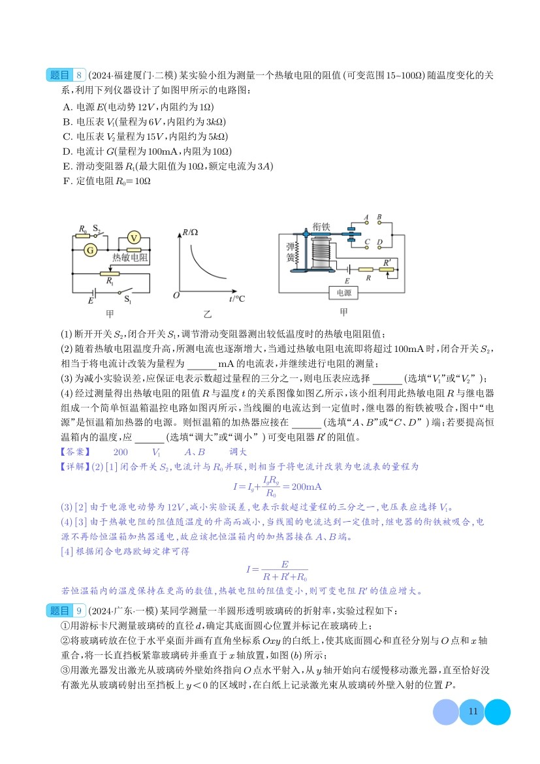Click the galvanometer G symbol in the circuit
pyautogui.click(x=91, y=249)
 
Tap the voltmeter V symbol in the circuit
pyautogui.click(x=133, y=238)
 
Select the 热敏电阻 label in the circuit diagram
pyautogui.click(x=130, y=258)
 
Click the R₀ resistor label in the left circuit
pyautogui.click(x=83, y=229)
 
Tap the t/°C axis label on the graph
pyautogui.click(x=237, y=298)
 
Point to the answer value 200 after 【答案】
pyautogui.click(x=121, y=451)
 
